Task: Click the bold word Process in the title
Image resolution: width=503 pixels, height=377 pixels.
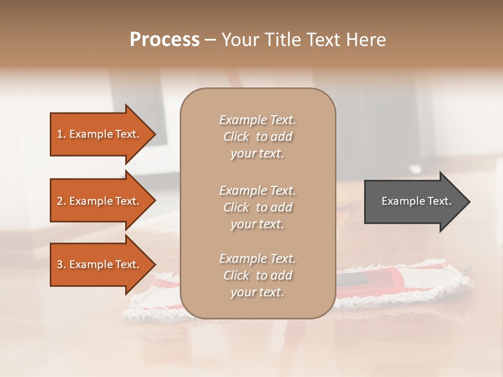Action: [x=165, y=40]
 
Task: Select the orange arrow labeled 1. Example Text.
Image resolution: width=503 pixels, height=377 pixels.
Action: [x=100, y=134]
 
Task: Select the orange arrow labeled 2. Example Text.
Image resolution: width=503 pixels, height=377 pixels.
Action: [x=100, y=201]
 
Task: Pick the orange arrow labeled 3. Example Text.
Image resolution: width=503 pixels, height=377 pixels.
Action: [x=100, y=264]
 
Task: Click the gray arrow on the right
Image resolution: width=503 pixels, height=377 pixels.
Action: [x=414, y=202]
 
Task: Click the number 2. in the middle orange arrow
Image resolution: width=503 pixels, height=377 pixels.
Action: [x=61, y=201]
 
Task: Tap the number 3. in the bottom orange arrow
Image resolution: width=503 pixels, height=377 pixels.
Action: [x=61, y=264]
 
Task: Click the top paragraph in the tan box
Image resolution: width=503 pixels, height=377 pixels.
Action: [x=257, y=137]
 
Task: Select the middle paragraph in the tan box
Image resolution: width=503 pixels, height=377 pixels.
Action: [x=257, y=207]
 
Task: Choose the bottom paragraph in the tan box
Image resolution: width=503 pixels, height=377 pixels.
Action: [x=257, y=275]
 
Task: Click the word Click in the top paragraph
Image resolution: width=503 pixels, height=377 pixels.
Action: [x=236, y=137]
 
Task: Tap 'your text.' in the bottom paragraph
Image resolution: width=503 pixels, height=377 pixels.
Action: [x=257, y=292]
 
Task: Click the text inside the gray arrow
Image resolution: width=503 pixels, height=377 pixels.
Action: [x=416, y=201]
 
